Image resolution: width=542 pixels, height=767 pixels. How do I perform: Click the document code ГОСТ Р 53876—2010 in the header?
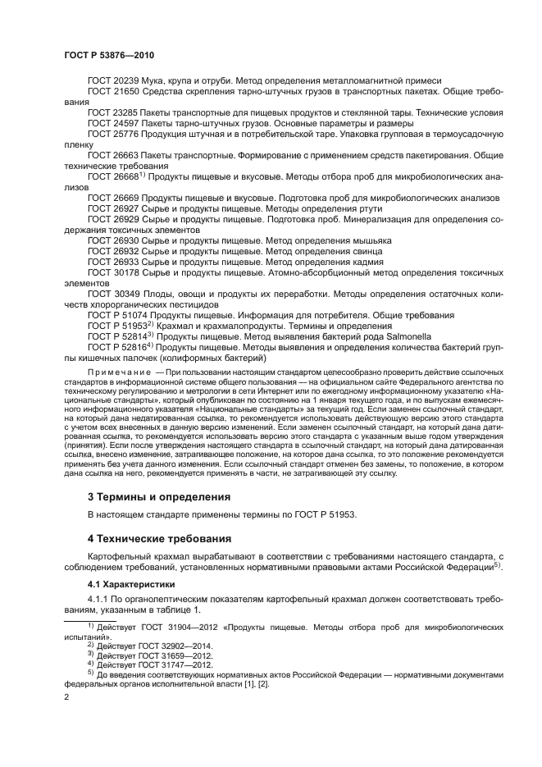click(108, 55)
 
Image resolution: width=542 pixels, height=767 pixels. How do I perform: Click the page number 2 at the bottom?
click(67, 696)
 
